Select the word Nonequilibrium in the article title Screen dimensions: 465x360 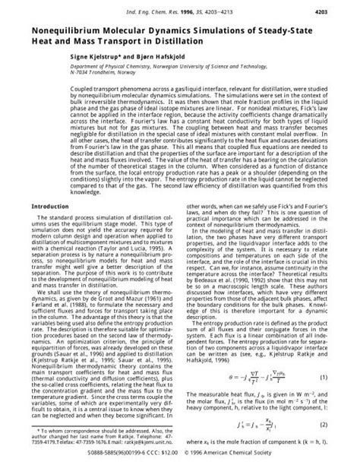pos(70,31)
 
